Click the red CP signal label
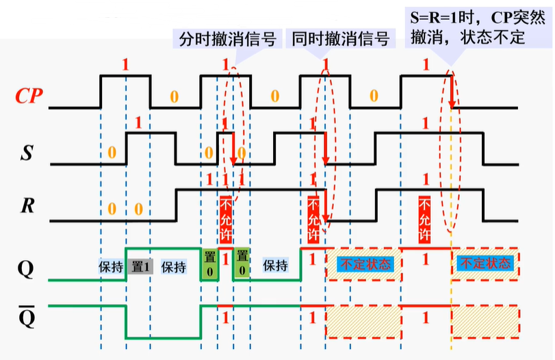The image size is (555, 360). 27,96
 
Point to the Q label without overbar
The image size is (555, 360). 25,268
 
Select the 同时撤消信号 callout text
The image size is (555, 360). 340,39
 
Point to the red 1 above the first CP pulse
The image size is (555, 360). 125,66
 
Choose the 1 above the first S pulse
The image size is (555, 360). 138,124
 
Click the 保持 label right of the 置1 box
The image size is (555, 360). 173,267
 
